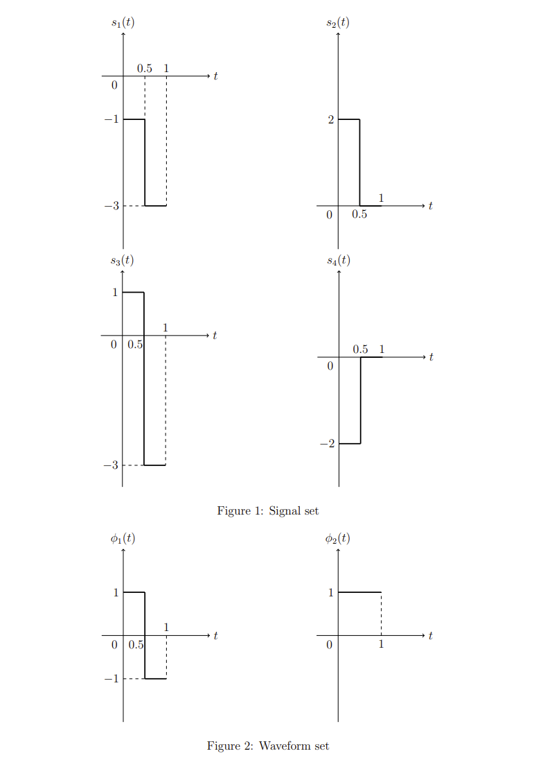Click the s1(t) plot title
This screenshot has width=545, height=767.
tap(123, 22)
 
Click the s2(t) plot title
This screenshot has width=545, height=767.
tap(338, 22)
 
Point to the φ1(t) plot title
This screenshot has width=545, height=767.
tap(123, 538)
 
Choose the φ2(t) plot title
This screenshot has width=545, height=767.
tap(338, 538)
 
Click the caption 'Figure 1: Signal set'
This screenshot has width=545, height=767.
tap(268, 511)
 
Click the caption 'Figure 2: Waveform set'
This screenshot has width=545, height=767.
tap(268, 746)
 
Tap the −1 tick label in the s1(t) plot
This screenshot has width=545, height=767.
tap(110, 120)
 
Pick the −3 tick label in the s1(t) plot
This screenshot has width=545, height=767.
tap(110, 206)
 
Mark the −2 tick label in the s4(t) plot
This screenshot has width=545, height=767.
tap(327, 444)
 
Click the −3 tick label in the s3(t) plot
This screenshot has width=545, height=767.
tap(110, 465)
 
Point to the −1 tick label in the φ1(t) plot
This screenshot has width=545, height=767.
tap(110, 679)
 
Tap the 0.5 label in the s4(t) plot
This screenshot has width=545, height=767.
tap(360, 350)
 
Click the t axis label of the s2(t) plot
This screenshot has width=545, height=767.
tap(431, 206)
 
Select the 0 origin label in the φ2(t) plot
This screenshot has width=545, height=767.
tap(330, 645)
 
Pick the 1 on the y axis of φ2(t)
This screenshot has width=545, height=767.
tap(330, 593)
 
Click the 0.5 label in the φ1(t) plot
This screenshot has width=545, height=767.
tap(136, 645)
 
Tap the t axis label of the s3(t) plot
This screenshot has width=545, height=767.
tap(215, 336)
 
